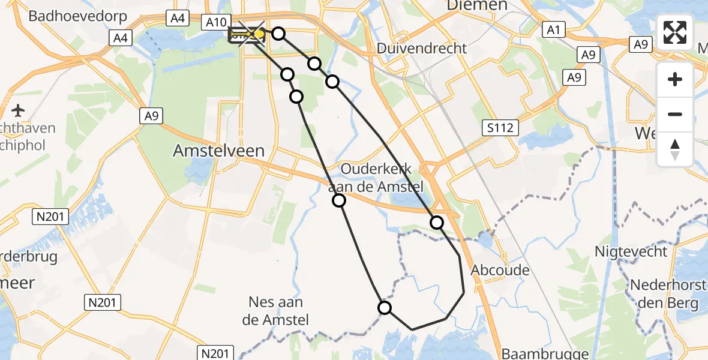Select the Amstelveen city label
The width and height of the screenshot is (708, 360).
[x=219, y=151]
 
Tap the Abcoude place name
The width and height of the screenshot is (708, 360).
[x=500, y=270]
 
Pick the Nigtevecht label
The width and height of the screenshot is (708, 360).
[x=631, y=251]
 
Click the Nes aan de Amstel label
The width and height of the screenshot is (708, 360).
[x=276, y=311]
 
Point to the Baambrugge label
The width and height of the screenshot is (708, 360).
[x=535, y=354]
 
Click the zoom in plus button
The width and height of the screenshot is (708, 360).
[x=675, y=79]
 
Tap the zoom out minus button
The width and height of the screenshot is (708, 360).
[x=675, y=114]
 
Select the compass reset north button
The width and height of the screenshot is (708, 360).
[x=675, y=149]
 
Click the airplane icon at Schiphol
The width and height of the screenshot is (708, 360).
[x=18, y=111]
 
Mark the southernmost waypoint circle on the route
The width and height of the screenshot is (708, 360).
[x=385, y=308]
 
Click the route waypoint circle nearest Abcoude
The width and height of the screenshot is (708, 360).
[x=437, y=223]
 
